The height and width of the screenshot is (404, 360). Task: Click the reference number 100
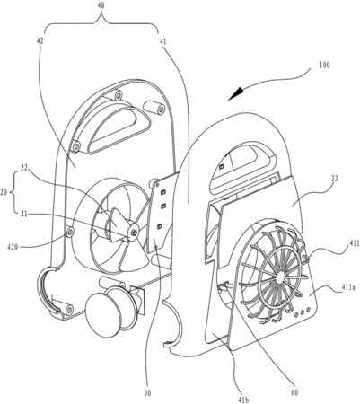[324, 65]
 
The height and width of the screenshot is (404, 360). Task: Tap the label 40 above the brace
[101, 5]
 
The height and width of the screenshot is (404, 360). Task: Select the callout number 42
[40, 41]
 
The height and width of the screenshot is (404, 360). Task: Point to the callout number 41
[162, 41]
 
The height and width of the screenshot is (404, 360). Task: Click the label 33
[335, 179]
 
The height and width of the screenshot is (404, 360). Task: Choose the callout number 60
[294, 392]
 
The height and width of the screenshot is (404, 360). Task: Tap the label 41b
[244, 400]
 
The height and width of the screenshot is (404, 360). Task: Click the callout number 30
[147, 393]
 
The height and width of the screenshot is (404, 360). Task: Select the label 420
[13, 247]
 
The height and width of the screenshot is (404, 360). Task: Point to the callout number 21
[25, 214]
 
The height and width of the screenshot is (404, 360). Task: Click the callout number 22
[24, 169]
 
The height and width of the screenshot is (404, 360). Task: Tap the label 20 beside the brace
[4, 192]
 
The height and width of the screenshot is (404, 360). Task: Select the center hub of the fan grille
[279, 277]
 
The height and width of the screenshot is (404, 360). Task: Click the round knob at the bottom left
[102, 317]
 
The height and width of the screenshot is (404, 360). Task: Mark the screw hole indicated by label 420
[71, 232]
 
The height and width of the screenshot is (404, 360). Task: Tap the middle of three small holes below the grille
[303, 312]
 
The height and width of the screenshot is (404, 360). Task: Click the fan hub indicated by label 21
[133, 231]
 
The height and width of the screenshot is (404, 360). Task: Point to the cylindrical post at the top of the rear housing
[154, 109]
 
